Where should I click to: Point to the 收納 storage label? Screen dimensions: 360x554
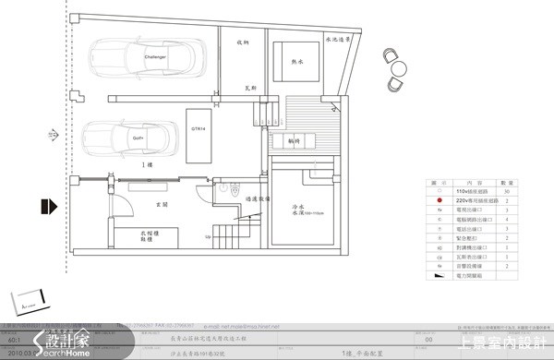(244, 42)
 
